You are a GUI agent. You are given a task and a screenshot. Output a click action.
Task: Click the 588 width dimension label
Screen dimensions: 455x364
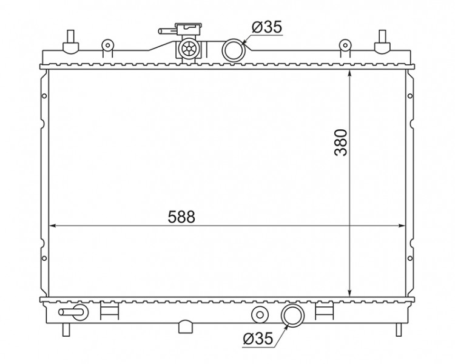point(181,217)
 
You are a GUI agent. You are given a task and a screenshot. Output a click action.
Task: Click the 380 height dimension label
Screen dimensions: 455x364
point(341,143)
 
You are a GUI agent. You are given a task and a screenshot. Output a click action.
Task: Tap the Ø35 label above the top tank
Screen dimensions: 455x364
point(267,27)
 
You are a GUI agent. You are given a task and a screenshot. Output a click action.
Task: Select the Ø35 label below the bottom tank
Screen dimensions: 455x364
point(258,338)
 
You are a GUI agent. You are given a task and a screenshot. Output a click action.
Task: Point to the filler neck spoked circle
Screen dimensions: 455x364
point(189,49)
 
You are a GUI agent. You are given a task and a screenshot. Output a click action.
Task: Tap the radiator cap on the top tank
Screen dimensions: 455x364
point(189,29)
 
